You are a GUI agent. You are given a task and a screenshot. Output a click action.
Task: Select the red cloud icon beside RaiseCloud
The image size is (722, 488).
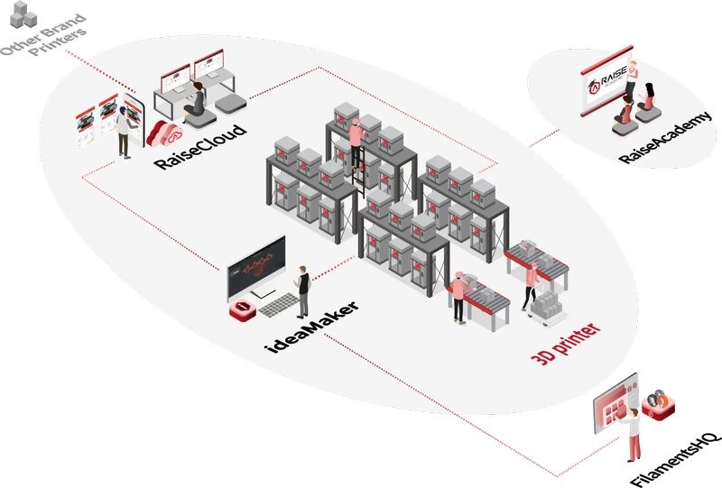coord(165,134)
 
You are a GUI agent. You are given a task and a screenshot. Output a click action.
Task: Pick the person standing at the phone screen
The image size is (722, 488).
coord(122,132)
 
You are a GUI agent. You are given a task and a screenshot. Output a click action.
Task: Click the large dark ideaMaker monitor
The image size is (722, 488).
coord(255,266)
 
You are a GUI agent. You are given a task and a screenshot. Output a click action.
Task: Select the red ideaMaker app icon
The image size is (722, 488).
coord(243,309)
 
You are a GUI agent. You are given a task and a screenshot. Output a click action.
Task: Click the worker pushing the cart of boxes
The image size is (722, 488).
coord(531,284)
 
